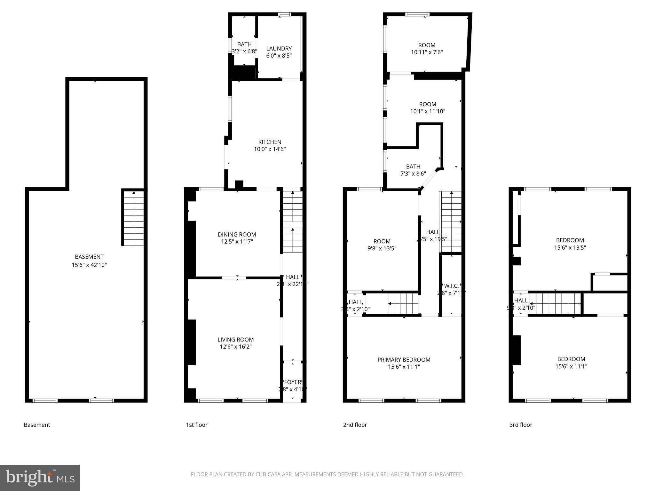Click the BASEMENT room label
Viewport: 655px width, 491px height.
point(89,257)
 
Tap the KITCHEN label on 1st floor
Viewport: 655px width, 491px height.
point(270,142)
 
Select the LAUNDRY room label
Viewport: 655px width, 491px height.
point(279,49)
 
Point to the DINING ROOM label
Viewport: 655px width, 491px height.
point(237,234)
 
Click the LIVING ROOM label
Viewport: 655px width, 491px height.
point(235,339)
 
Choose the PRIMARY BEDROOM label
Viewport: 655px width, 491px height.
point(404,360)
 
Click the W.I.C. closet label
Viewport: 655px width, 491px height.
point(451,286)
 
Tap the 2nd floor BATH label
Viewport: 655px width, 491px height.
point(413,167)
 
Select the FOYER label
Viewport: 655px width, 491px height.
point(292,382)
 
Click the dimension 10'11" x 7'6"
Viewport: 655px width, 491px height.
point(427,52)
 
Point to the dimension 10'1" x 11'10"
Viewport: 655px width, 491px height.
point(428,111)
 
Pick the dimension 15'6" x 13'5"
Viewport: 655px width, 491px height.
point(570,247)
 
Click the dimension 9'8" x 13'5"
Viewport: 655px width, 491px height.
point(382,248)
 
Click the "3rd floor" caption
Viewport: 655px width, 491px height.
point(521,425)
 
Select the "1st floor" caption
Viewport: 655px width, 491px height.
point(197,425)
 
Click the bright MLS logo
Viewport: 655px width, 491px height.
point(40,478)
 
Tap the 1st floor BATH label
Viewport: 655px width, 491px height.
point(244,44)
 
